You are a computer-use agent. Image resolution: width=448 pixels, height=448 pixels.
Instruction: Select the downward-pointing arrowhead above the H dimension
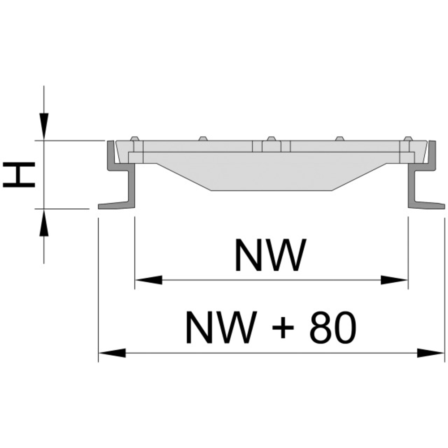(x=43, y=126)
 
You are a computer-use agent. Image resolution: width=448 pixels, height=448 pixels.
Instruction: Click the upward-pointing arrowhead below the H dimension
(x=43, y=223)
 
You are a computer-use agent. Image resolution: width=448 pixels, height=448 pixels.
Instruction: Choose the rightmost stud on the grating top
(x=407, y=139)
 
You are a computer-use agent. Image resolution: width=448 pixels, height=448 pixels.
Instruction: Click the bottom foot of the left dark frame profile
(x=112, y=206)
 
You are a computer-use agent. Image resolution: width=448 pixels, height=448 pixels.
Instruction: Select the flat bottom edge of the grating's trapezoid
(x=271, y=190)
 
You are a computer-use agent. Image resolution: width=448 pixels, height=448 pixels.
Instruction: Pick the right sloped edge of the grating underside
(x=358, y=177)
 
